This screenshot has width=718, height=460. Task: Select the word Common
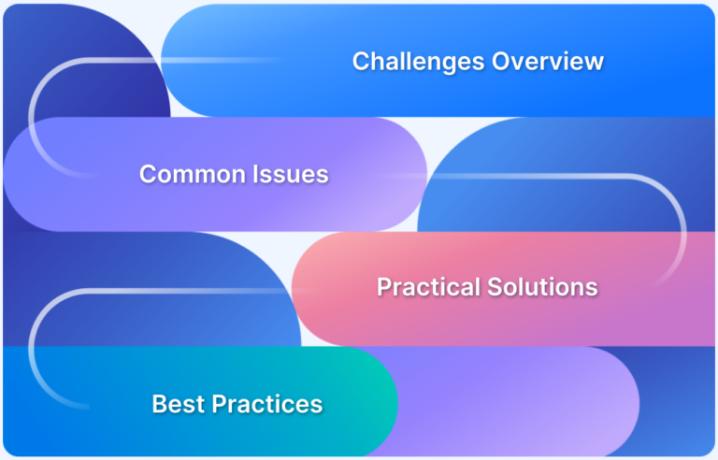click(188, 174)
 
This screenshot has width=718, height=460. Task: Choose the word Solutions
click(542, 287)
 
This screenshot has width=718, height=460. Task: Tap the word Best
click(179, 405)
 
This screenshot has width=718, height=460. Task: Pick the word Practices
click(267, 405)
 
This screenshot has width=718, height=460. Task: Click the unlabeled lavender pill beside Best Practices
click(524, 402)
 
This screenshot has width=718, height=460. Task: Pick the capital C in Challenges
click(361, 62)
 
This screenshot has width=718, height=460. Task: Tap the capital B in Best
click(159, 405)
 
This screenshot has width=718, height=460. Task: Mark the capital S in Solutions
click(494, 287)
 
